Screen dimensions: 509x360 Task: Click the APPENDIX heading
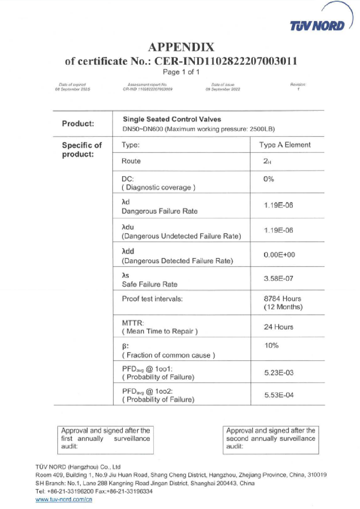pyautogui.click(x=181, y=47)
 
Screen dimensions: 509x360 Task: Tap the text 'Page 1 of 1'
pyautogui.click(x=181, y=72)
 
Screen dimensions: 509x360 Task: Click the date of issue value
pyautogui.click(x=223, y=90)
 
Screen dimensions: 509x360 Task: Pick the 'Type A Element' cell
pyautogui.click(x=285, y=145)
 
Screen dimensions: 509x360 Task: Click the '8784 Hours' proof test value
pyautogui.click(x=282, y=299)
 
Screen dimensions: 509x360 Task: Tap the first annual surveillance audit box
pyautogui.click(x=105, y=438)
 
